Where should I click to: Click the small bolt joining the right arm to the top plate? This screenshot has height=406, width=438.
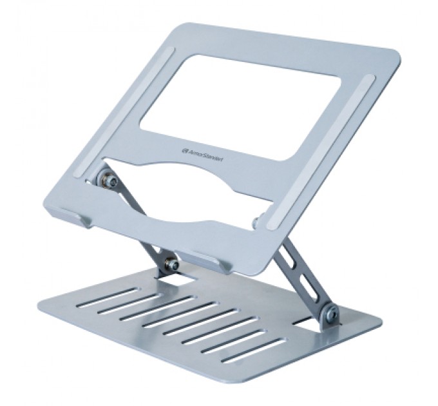(x=256, y=222)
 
